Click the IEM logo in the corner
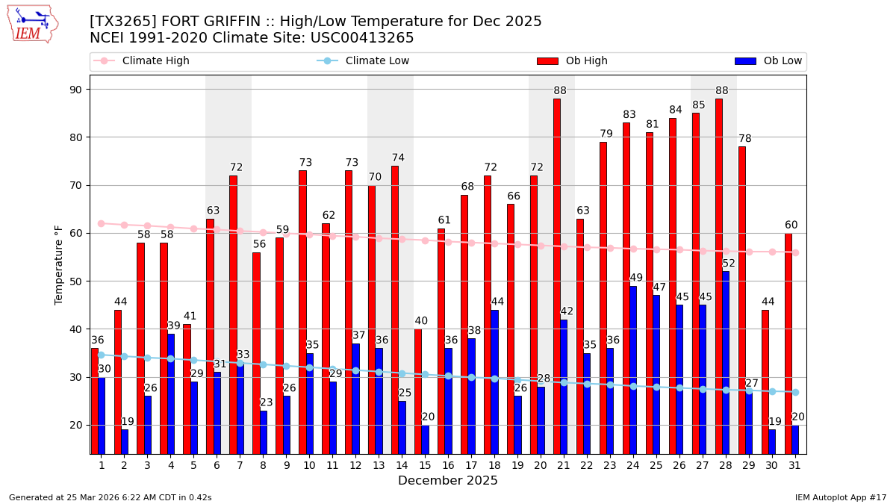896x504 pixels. click(32, 24)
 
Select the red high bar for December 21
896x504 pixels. click(557, 276)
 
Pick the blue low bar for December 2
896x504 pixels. click(125, 441)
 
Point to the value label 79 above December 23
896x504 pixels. click(606, 134)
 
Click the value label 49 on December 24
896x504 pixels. click(636, 279)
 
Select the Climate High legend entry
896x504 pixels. click(155, 61)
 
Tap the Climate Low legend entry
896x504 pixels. click(377, 61)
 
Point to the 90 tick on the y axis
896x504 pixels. click(75, 90)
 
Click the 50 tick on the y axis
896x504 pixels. click(75, 281)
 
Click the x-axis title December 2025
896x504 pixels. click(448, 481)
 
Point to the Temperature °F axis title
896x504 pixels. click(59, 264)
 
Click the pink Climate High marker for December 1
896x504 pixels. click(101, 223)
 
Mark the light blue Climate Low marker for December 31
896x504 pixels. click(795, 392)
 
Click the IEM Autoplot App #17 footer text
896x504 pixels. click(840, 497)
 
